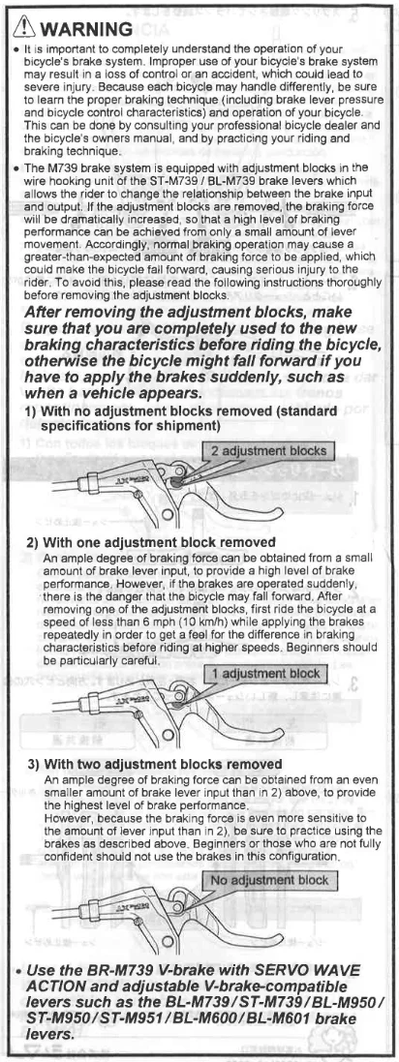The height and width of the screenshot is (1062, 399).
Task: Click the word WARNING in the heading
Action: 86,28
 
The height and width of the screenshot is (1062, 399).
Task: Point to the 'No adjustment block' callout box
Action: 268,881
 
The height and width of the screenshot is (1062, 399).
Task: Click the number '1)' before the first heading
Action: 31,411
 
